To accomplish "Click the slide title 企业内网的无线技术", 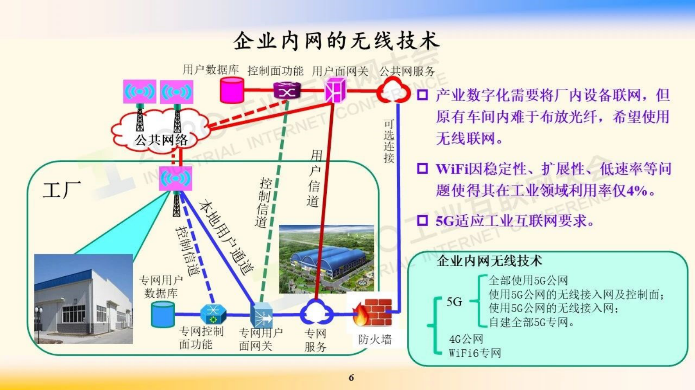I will [336, 41].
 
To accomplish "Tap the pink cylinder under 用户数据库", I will [232, 90].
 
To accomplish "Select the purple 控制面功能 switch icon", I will [287, 91].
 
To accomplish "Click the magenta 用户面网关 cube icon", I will [335, 90].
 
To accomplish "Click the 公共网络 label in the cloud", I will [161, 140].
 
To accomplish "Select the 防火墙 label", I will [374, 339].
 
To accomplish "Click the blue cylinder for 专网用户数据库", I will [162, 314].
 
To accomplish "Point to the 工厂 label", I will [62, 190].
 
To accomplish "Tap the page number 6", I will [351, 377].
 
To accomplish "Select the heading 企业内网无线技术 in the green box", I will [489, 261].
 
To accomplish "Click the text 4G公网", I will [466, 339].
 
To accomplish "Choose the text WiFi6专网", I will [475, 353].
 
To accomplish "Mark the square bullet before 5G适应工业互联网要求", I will [422, 220].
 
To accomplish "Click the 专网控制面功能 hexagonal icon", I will [213, 313].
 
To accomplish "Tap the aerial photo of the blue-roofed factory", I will [326, 259].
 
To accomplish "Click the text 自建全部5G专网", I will [531, 322].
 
